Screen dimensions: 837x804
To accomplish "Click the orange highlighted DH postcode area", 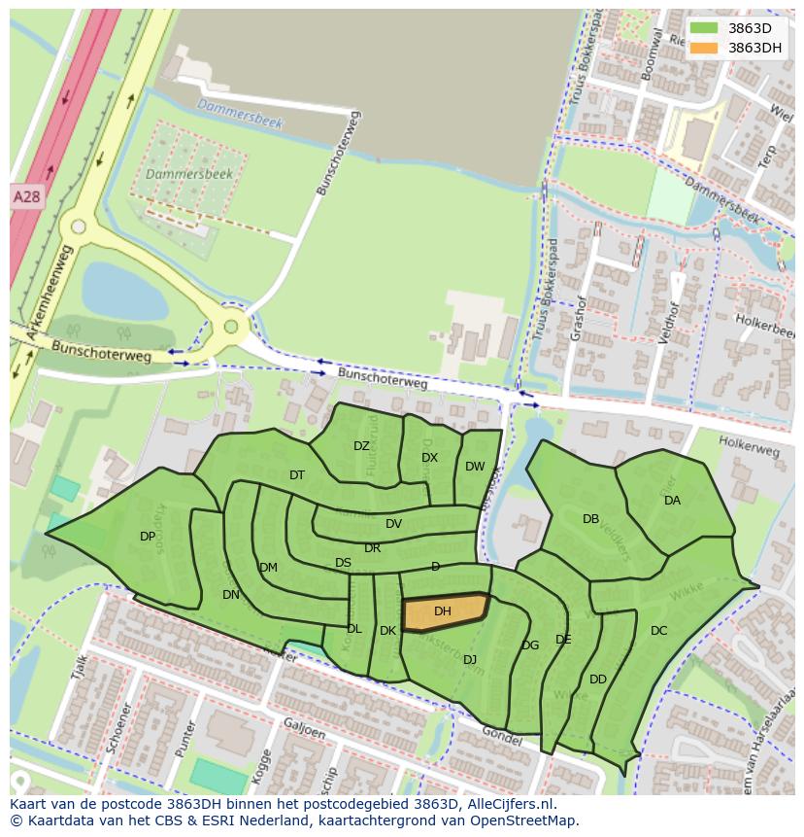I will click(x=444, y=612).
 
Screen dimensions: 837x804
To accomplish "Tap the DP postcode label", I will click(x=148, y=537).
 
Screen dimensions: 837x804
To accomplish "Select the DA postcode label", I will click(x=672, y=501).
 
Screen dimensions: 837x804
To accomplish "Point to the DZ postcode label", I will click(x=361, y=446).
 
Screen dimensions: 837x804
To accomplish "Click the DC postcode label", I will click(x=658, y=631).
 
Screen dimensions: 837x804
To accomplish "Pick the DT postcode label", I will click(x=297, y=475).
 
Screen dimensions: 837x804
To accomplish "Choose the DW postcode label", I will click(x=474, y=467).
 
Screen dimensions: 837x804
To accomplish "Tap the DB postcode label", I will click(x=590, y=519).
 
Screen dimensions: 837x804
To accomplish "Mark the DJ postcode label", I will click(x=470, y=660).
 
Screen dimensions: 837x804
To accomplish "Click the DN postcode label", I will click(x=230, y=595).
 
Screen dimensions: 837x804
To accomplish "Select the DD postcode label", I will click(x=598, y=680).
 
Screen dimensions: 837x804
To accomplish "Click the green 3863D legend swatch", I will click(x=704, y=28).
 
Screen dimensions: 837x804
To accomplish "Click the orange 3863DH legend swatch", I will click(x=704, y=48).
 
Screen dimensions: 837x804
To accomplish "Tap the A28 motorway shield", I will click(x=26, y=196).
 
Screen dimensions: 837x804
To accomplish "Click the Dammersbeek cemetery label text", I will click(x=175, y=174).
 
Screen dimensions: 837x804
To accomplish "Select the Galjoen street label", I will click(x=304, y=728).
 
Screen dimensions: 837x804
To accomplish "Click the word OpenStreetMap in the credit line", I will click(x=525, y=820).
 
